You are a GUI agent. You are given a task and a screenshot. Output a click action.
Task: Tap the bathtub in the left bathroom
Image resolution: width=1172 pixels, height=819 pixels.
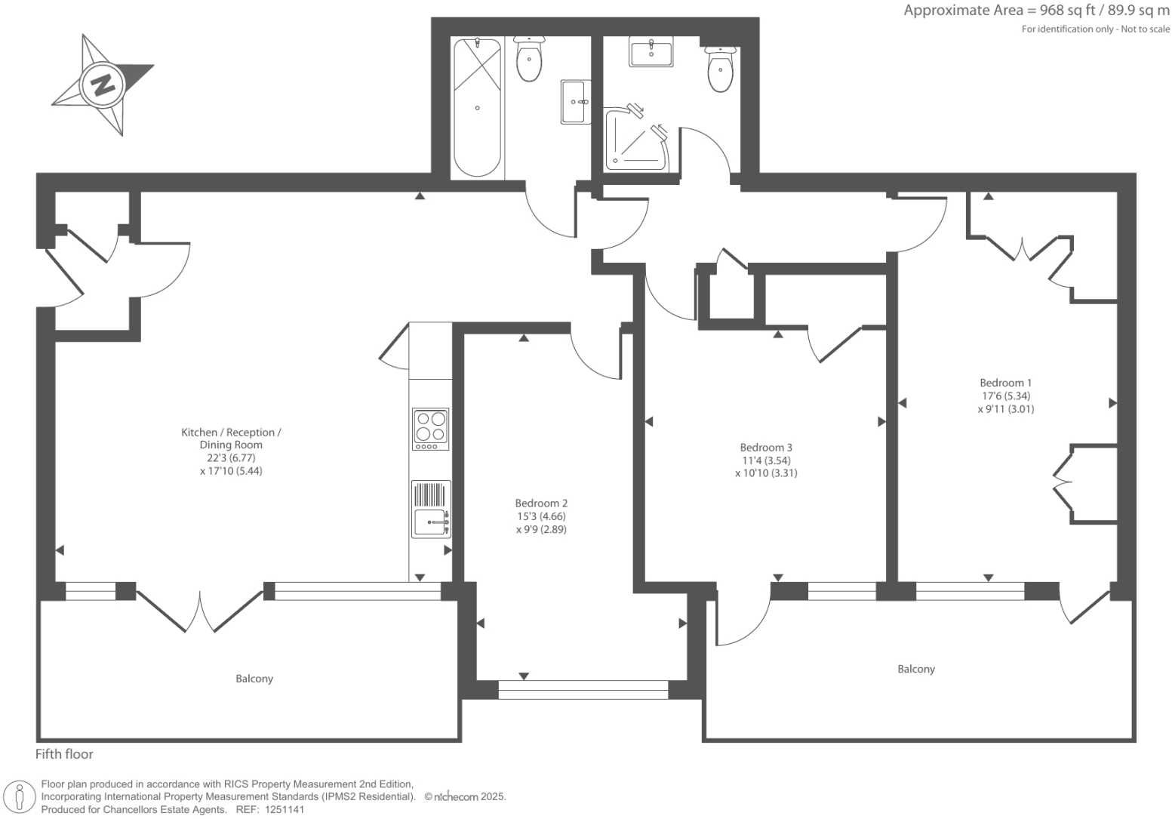[477, 108]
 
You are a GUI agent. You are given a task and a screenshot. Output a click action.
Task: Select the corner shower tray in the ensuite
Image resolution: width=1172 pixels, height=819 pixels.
[635, 140]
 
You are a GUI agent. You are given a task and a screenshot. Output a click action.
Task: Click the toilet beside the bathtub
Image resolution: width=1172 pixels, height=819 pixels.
[528, 60]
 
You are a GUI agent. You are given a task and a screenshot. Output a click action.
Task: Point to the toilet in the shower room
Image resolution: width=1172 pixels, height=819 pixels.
[721, 70]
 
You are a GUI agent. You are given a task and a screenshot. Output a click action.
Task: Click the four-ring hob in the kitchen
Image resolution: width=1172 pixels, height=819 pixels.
[430, 429]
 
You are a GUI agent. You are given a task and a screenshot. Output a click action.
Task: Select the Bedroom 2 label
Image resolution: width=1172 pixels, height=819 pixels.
[541, 503]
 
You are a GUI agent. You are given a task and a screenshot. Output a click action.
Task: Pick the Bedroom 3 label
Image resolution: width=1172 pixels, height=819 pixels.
[766, 448]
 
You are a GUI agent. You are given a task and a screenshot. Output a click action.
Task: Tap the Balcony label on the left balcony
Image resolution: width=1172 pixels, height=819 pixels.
[254, 679]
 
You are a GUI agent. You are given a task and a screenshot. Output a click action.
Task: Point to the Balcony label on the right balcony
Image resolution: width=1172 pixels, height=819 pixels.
[916, 669]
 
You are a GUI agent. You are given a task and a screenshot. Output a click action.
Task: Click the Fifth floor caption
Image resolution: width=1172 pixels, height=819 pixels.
[65, 754]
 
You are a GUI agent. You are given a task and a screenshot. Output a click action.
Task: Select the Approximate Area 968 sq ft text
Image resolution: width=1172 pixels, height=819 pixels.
[1036, 11]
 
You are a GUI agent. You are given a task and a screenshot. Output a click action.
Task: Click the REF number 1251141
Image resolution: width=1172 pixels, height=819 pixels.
[281, 809]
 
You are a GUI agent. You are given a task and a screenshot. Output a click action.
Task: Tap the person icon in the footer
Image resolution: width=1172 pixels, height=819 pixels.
[20, 797]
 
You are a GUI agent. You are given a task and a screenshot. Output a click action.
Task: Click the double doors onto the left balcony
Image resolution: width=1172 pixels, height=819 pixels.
[200, 610]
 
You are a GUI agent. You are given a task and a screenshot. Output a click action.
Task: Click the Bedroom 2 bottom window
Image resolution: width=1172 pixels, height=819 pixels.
[583, 689]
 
